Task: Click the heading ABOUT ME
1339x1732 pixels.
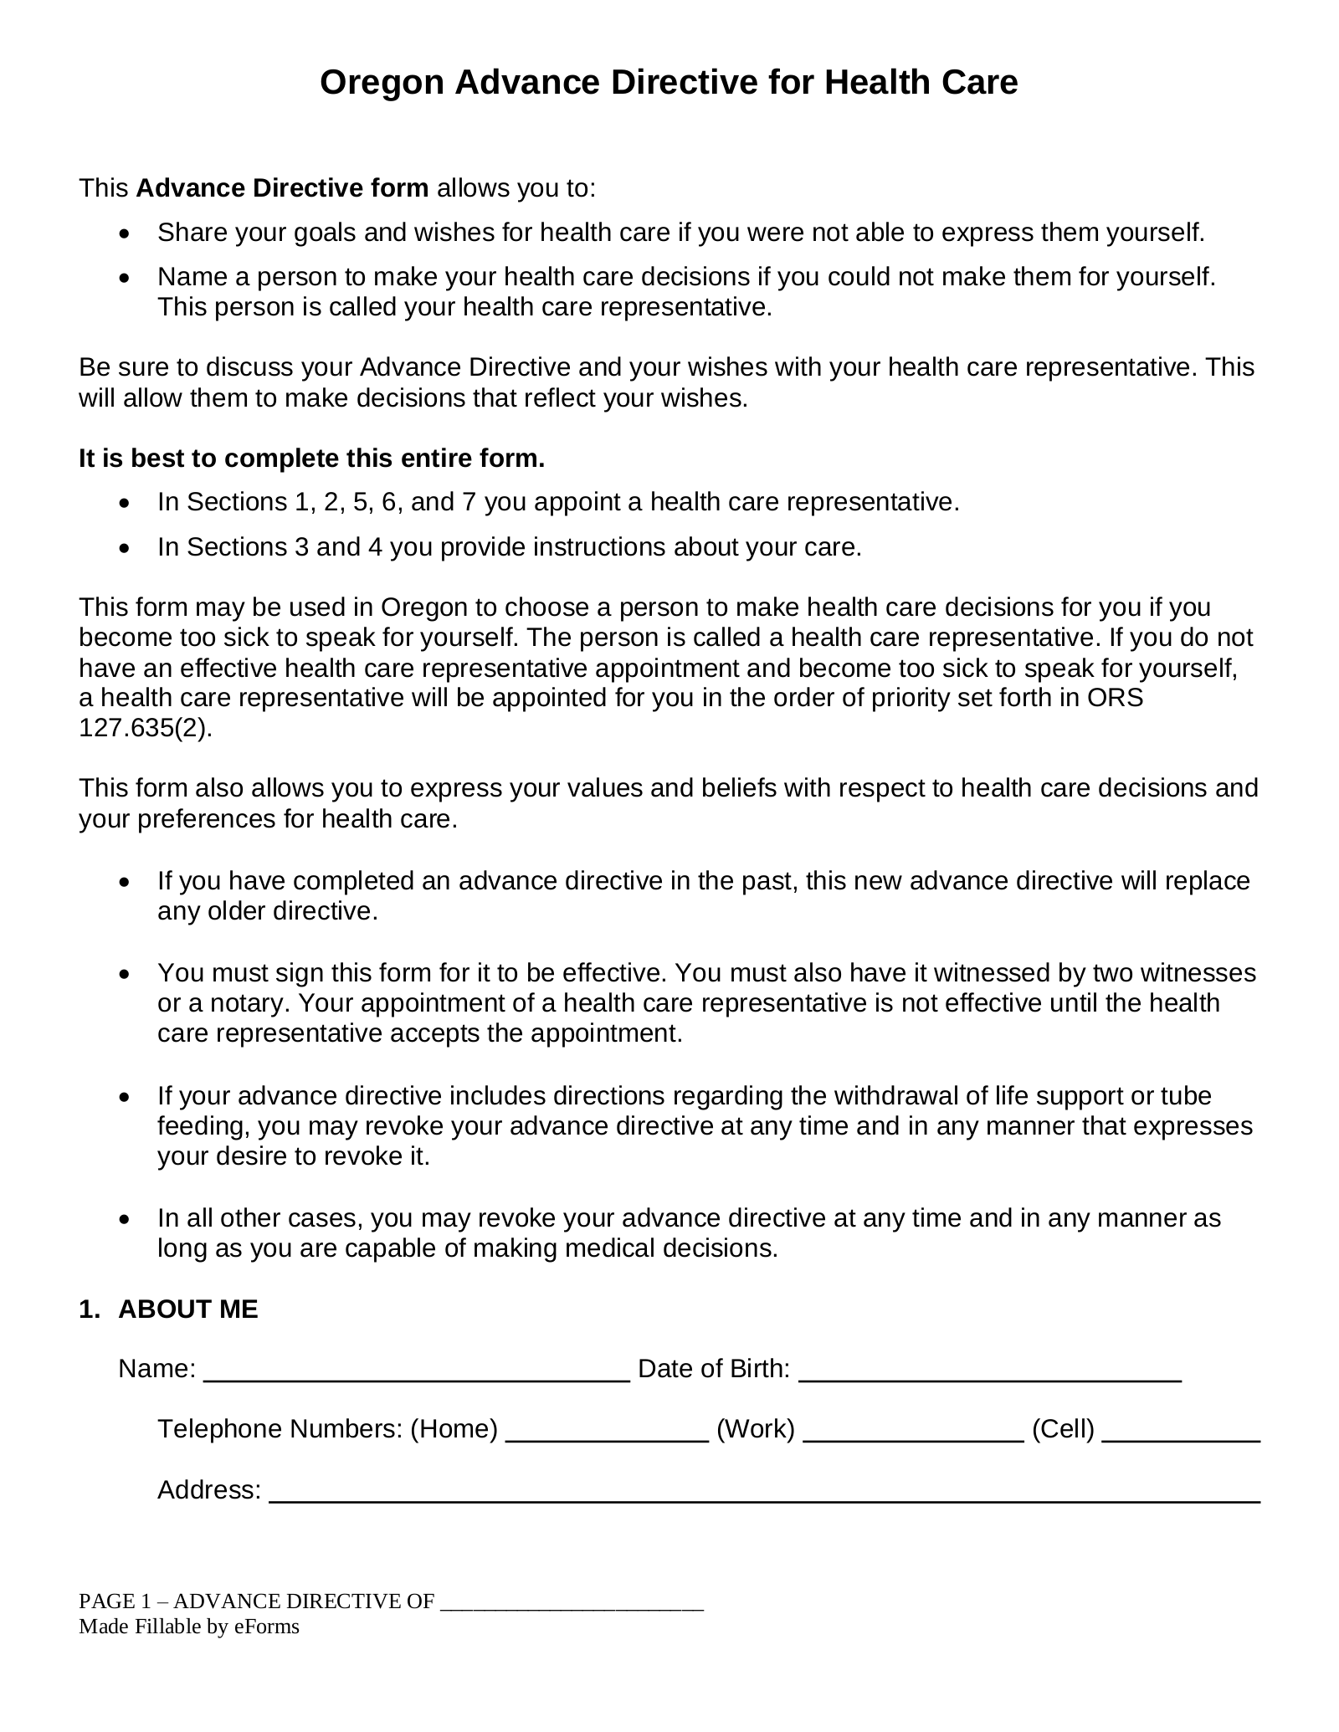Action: coord(188,1309)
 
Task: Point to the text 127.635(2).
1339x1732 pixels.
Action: coord(145,728)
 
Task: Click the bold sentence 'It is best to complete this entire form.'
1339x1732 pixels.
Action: coord(311,459)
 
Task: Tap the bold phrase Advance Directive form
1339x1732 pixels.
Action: coord(282,188)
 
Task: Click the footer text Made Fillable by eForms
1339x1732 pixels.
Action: coord(189,1627)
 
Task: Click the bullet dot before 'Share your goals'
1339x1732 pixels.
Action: coord(125,233)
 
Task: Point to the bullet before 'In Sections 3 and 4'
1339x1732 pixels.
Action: coord(125,548)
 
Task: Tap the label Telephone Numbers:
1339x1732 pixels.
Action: coord(280,1429)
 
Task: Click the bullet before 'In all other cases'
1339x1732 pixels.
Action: coord(125,1219)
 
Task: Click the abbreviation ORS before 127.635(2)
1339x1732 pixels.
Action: coord(1115,698)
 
